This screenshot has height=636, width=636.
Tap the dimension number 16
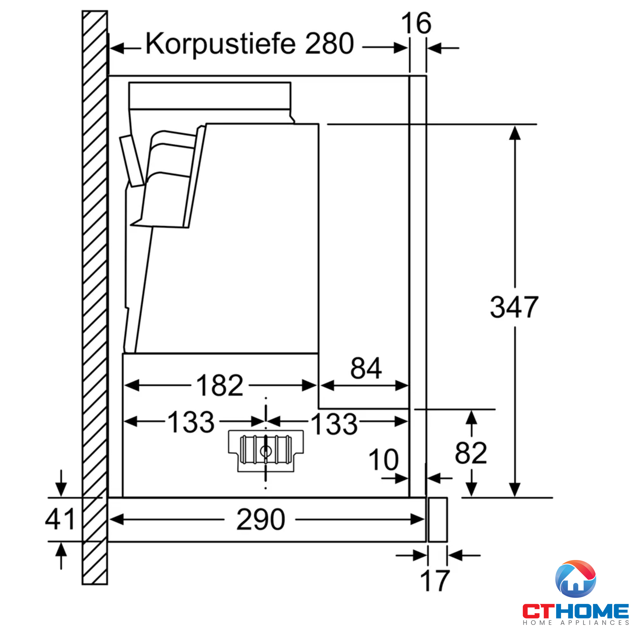point(416,23)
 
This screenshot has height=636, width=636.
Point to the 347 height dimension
point(514,307)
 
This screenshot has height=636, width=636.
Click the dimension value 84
point(366,368)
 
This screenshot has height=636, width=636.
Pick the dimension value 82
point(471,453)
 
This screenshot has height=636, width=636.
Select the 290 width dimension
point(261,520)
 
